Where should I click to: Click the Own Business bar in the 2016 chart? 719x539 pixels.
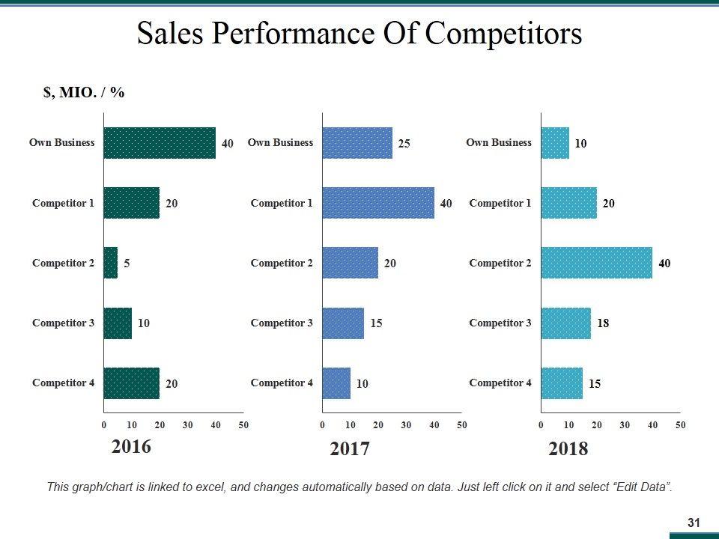coord(160,143)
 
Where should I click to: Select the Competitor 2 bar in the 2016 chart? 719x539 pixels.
coord(111,263)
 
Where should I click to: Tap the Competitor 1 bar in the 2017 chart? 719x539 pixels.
coord(378,203)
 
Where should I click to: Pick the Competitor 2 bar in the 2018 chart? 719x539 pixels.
coord(596,263)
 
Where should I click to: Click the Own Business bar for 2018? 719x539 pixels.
coord(555,143)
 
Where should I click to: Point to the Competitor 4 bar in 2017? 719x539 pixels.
coord(336,383)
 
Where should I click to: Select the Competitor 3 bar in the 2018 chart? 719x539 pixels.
coord(565,323)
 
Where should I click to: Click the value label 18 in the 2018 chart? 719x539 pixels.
coord(603,323)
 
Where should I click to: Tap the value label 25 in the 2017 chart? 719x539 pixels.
coord(404,143)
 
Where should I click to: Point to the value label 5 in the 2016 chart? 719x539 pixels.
coord(127,264)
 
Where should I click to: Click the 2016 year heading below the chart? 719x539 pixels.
coord(131,447)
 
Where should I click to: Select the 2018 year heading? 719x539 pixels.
coord(568,449)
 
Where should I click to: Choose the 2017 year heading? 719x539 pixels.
coord(350,449)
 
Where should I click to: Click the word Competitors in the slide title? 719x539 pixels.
coord(503,34)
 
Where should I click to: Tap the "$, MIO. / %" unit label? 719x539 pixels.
coord(84,92)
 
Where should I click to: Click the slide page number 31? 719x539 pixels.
coord(693,523)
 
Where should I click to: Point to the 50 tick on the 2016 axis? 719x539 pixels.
coord(243,425)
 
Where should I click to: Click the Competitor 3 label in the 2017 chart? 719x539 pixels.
coord(282,323)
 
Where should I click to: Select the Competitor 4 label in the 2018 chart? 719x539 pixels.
coord(500,383)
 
